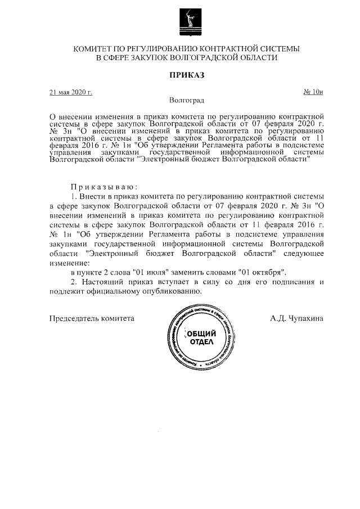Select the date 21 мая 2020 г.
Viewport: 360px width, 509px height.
pyautogui.click(x=71, y=92)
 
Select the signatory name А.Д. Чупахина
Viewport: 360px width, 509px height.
pyautogui.click(x=296, y=318)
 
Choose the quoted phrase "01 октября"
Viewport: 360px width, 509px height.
pyautogui.click(x=263, y=272)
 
